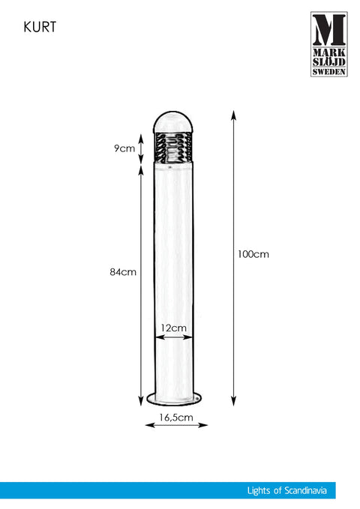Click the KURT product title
tap(40, 27)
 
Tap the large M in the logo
tap(329, 30)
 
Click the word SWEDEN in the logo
tap(329, 71)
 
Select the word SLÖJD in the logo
tap(329, 61)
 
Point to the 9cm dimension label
tap(124, 148)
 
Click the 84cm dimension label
tap(123, 271)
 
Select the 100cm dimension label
tap(253, 254)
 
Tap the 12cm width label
tap(174, 328)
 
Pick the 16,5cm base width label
tap(176, 418)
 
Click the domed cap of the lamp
tap(172, 122)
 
